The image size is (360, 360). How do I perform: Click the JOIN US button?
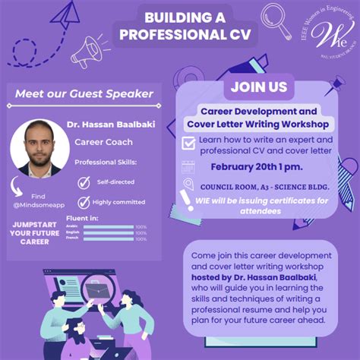pyautogui.click(x=258, y=87)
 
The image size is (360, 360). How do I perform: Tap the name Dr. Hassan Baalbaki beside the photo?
pyautogui.click(x=114, y=124)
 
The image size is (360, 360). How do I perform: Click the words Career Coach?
pyautogui.click(x=103, y=141)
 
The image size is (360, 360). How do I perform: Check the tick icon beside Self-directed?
pyautogui.click(x=84, y=182)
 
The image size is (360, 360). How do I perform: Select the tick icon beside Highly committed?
pyautogui.click(x=84, y=202)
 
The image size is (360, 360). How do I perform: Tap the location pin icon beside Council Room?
pyautogui.click(x=188, y=185)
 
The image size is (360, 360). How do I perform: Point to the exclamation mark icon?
pyautogui.click(x=187, y=201)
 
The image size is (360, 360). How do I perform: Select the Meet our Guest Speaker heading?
pyautogui.click(x=84, y=95)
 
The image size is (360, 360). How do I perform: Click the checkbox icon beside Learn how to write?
pyautogui.click(x=188, y=143)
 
